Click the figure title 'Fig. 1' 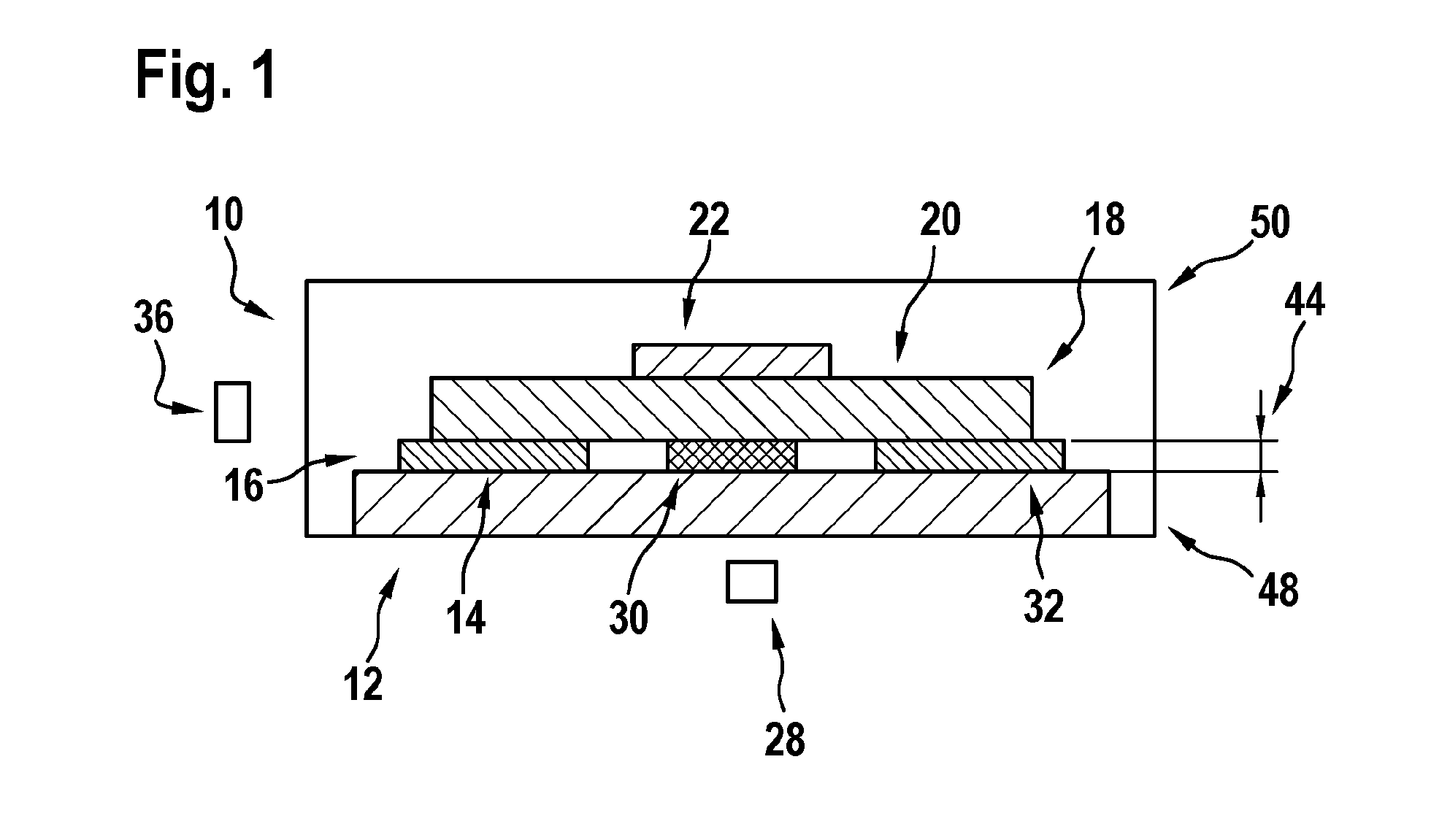coord(207,77)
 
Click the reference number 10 coord(223,216)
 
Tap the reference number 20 coord(940,220)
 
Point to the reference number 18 coord(1105,220)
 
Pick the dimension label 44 coord(1304,301)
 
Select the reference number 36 coord(154,320)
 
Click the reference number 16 coord(243,486)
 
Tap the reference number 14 coord(466,618)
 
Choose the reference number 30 coord(628,619)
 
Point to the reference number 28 coord(785,741)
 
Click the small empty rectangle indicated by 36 coord(232,412)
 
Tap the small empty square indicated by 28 coord(751,582)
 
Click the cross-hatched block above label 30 coord(732,455)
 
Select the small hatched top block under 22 coord(732,361)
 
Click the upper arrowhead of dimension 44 coord(1260,431)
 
